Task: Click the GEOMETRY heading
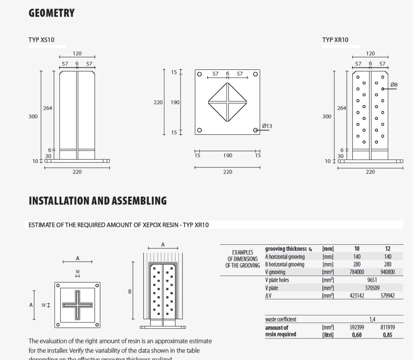52,13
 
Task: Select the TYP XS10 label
41,40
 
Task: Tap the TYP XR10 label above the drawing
335,40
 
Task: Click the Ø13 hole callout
267,126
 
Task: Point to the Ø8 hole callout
394,85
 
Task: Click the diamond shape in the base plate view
228,102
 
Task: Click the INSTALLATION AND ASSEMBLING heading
97,201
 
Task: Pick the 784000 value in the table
357,272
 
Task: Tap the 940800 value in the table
387,272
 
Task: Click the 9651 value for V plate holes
372,280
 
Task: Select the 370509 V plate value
372,288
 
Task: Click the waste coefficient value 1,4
372,319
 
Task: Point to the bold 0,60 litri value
357,335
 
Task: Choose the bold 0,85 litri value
387,335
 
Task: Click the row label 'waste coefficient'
280,319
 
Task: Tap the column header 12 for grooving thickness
387,249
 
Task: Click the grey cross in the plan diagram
78,305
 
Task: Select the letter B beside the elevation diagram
130,292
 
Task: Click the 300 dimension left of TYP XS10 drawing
33,117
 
